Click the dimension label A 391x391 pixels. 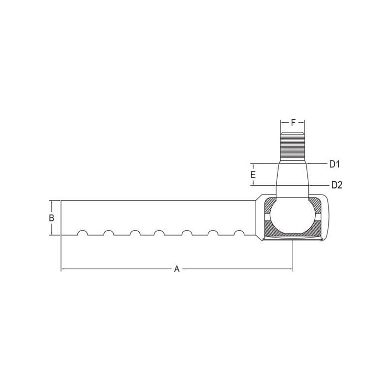177,269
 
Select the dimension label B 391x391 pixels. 51,217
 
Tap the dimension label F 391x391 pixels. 293,123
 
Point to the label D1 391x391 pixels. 335,164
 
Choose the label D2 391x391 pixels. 337,185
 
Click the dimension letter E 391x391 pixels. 253,174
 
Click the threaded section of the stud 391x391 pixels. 293,147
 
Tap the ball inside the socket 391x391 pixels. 293,216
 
